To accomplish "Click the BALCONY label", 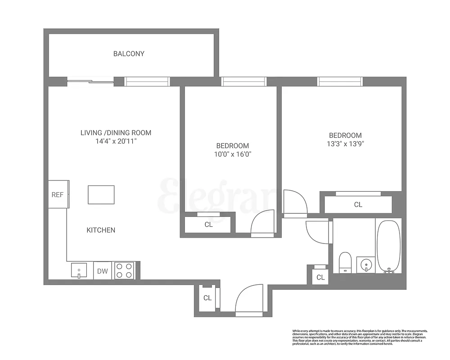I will pyautogui.click(x=129, y=54).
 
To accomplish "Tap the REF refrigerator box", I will pyautogui.click(x=58, y=194).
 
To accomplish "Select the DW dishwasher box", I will pyautogui.click(x=103, y=271).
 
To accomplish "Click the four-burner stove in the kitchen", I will pyautogui.click(x=125, y=270).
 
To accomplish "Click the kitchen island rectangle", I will pyautogui.click(x=101, y=194).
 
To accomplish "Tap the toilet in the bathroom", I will pyautogui.click(x=345, y=263).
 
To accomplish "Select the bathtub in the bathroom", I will pyautogui.click(x=388, y=246).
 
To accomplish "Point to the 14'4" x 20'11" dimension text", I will pyautogui.click(x=116, y=141).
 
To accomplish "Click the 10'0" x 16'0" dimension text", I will pyautogui.click(x=233, y=154).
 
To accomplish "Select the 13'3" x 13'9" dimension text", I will pyautogui.click(x=345, y=144).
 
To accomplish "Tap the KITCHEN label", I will pyautogui.click(x=101, y=230).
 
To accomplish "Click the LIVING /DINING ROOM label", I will pyautogui.click(x=116, y=133).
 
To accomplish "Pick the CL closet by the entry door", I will pyautogui.click(x=207, y=297).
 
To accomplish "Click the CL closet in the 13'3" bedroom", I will pyautogui.click(x=358, y=205).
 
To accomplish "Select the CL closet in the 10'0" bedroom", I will pyautogui.click(x=208, y=224).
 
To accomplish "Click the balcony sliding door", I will pyautogui.click(x=90, y=81).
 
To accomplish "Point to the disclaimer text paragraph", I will pyautogui.click(x=360, y=337).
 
